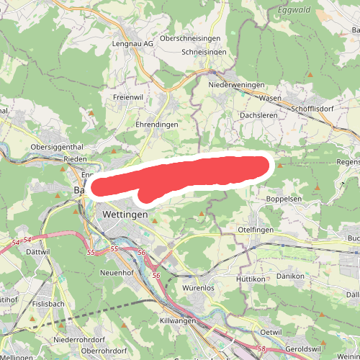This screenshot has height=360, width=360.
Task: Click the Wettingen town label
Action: pos(125,215)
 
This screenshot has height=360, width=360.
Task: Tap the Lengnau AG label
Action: pos(133,43)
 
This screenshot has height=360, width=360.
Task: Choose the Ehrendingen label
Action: pos(157,124)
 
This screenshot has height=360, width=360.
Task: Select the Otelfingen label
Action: pos(258,229)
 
